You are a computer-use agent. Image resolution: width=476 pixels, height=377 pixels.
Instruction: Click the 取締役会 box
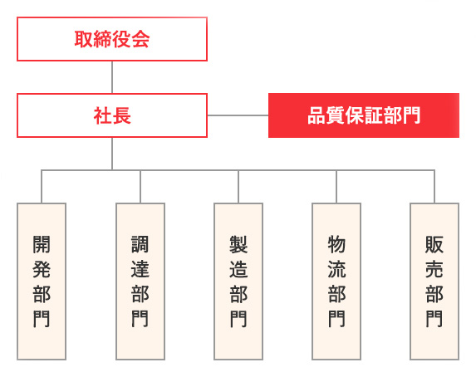[x=112, y=39]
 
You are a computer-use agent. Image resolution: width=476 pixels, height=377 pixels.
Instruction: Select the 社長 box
[x=112, y=115]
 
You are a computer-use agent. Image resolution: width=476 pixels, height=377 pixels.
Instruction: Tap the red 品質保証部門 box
[x=364, y=115]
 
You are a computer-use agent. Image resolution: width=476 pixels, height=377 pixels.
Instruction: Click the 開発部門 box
[x=42, y=282]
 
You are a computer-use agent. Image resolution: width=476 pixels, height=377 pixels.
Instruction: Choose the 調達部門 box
[x=140, y=282]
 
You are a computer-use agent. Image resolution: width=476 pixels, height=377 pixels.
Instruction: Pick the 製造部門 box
[x=238, y=282]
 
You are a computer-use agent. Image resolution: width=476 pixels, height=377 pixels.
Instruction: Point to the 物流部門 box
[x=336, y=282]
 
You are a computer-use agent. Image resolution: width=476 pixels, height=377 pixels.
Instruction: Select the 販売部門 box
[x=434, y=282]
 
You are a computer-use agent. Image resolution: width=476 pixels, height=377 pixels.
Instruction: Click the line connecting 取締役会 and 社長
[x=112, y=77]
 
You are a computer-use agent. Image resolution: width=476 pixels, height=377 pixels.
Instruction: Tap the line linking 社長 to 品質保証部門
[x=238, y=115]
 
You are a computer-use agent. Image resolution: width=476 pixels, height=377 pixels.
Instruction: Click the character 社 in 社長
[x=103, y=115]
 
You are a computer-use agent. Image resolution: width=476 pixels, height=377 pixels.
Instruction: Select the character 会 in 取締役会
[x=140, y=39]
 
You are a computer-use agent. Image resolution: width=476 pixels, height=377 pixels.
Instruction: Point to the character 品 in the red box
[x=317, y=115]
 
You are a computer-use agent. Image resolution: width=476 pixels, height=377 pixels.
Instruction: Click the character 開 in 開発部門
[x=42, y=244]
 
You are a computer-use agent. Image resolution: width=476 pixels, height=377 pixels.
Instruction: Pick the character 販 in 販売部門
[x=434, y=244]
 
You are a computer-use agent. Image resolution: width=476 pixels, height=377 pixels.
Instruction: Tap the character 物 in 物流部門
[x=336, y=244]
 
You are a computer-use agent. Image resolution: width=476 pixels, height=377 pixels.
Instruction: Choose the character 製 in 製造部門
[x=238, y=244]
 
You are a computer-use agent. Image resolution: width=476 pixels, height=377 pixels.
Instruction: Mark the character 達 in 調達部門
[x=140, y=269]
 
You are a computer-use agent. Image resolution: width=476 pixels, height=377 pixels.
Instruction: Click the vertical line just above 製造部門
[x=238, y=187]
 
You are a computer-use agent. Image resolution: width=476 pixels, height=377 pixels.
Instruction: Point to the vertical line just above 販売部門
[x=434, y=187]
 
